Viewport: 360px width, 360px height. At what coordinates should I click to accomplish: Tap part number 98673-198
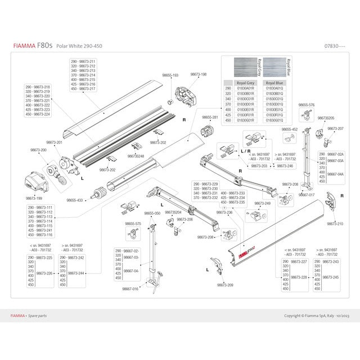point(199,74)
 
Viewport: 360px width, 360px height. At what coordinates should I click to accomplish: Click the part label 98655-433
point(74,200)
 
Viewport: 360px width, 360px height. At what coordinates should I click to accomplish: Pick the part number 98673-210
point(335,224)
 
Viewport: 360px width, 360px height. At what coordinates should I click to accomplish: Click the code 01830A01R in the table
point(246,88)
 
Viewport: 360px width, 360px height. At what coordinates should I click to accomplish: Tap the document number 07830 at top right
point(335,46)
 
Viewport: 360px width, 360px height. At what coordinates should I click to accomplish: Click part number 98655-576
point(306,105)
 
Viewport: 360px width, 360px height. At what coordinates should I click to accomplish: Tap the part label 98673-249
point(262,203)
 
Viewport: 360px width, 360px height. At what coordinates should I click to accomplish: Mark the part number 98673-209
point(225,285)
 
